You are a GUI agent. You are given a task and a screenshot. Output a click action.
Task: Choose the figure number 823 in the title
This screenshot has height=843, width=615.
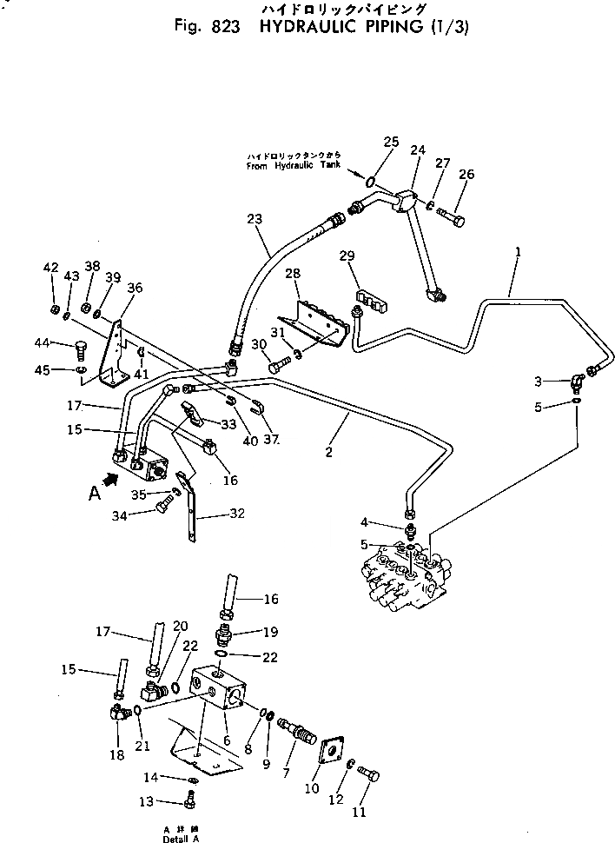pos(221,26)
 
